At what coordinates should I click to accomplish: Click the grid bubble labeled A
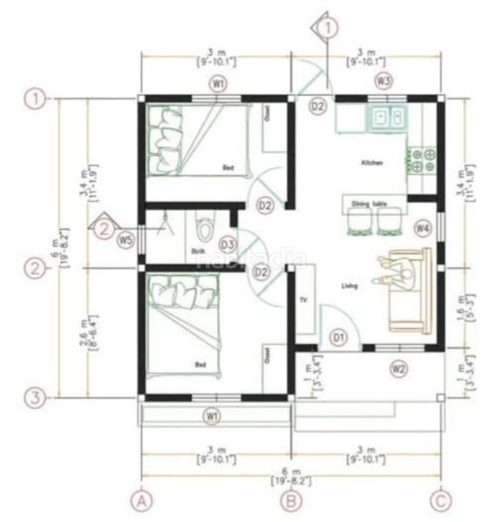coord(140,500)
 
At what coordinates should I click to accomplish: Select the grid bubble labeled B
coord(292,500)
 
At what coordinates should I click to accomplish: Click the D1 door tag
coord(340,337)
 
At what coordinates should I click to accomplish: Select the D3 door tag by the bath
coord(228,244)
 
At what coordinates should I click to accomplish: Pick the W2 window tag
coord(399,368)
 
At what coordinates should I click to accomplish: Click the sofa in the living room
coord(409,291)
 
